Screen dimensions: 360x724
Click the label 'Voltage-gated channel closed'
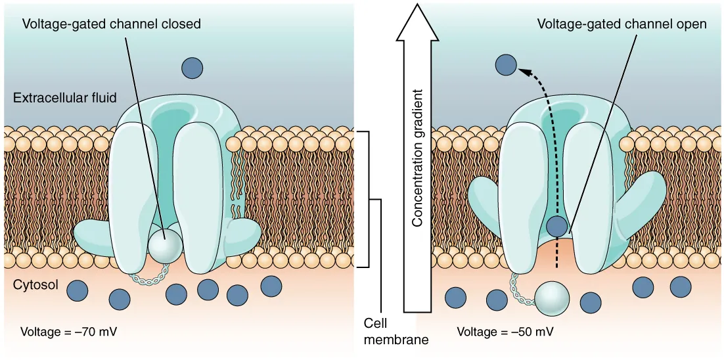click(111, 24)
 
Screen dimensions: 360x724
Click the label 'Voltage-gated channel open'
click(622, 24)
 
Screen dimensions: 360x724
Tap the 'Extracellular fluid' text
click(64, 98)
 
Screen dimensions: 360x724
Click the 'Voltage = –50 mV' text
click(505, 331)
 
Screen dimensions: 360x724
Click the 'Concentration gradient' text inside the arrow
click(417, 157)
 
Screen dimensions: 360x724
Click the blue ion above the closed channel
click(192, 67)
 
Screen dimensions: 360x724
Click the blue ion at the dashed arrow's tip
click(505, 64)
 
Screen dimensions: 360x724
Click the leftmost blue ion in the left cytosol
click(78, 291)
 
